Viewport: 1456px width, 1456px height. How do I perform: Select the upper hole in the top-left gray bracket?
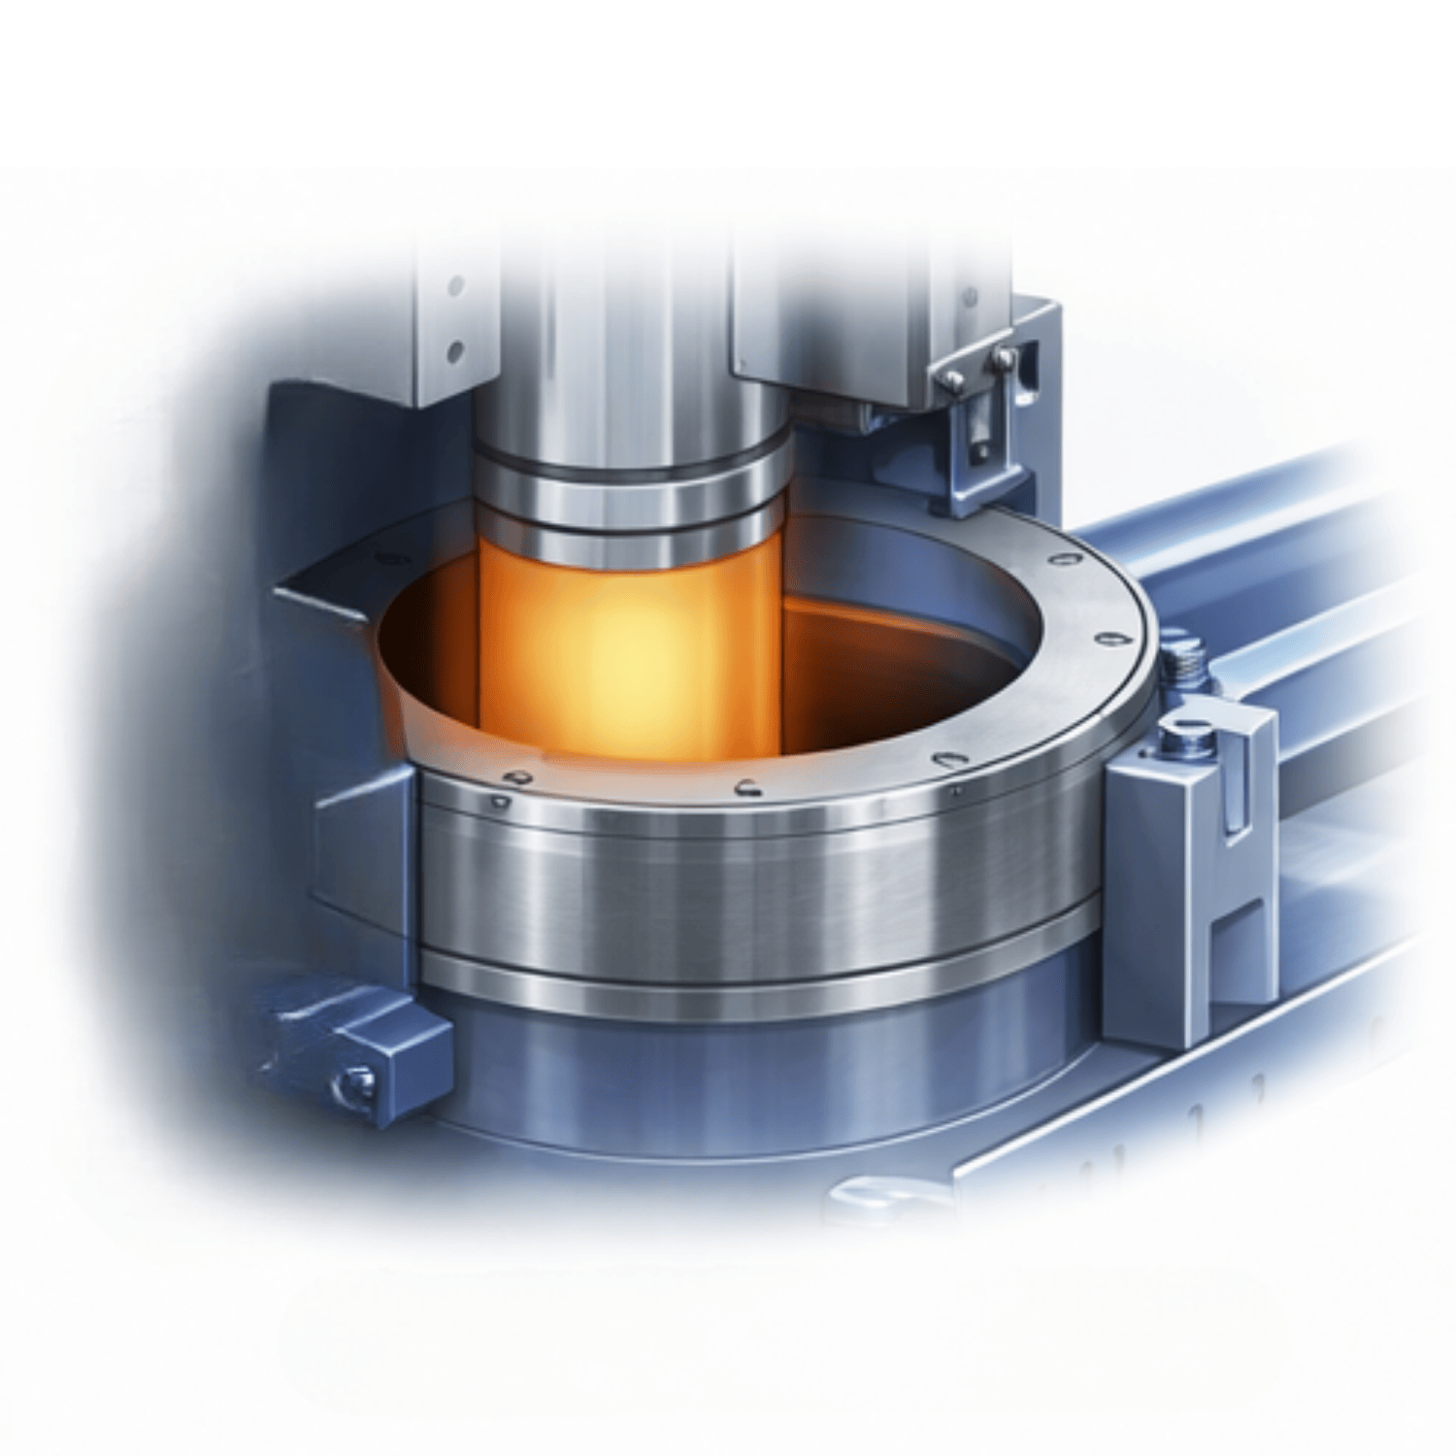coord(453,286)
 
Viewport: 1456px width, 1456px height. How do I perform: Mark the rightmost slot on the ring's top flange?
coord(1113,638)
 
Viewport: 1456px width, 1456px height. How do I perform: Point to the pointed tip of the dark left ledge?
coord(281,589)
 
